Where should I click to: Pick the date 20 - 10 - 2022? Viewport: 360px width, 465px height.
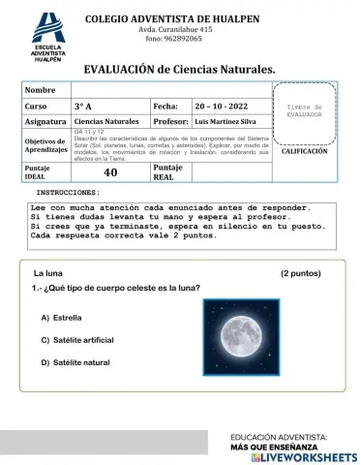tap(221, 106)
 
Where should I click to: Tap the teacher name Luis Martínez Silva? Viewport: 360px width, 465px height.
tap(228, 122)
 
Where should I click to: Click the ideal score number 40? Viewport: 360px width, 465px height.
tap(110, 172)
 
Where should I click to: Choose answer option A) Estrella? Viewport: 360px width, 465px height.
tap(61, 317)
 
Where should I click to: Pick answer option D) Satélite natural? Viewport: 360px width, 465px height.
tap(75, 362)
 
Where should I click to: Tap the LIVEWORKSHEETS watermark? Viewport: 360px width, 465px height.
tap(303, 455)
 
